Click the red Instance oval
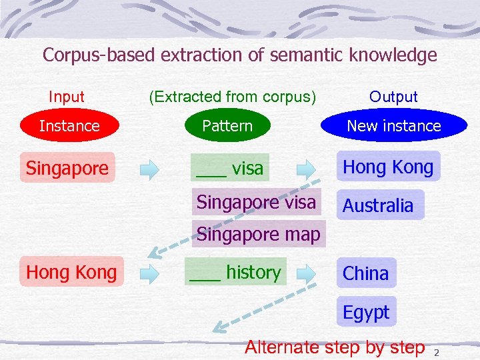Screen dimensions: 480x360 click(69, 125)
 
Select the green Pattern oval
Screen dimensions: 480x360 click(227, 125)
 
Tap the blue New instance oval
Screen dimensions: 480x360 click(393, 125)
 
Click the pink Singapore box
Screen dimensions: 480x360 click(67, 168)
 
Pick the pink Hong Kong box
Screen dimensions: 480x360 click(71, 272)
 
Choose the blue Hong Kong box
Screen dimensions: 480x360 click(388, 167)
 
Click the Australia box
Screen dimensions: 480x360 click(378, 205)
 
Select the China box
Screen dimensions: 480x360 click(366, 273)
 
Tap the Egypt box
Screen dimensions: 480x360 click(366, 311)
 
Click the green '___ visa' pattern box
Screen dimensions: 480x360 click(230, 169)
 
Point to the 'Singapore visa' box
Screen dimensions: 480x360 click(257, 202)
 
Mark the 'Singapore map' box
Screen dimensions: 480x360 click(259, 234)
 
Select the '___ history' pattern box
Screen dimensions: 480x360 click(235, 272)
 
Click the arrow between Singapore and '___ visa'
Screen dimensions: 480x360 click(150, 169)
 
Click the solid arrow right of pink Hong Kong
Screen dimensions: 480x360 click(150, 273)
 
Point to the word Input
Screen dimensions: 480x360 click(67, 97)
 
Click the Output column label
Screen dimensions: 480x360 click(393, 97)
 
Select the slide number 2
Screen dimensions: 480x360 click(437, 351)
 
